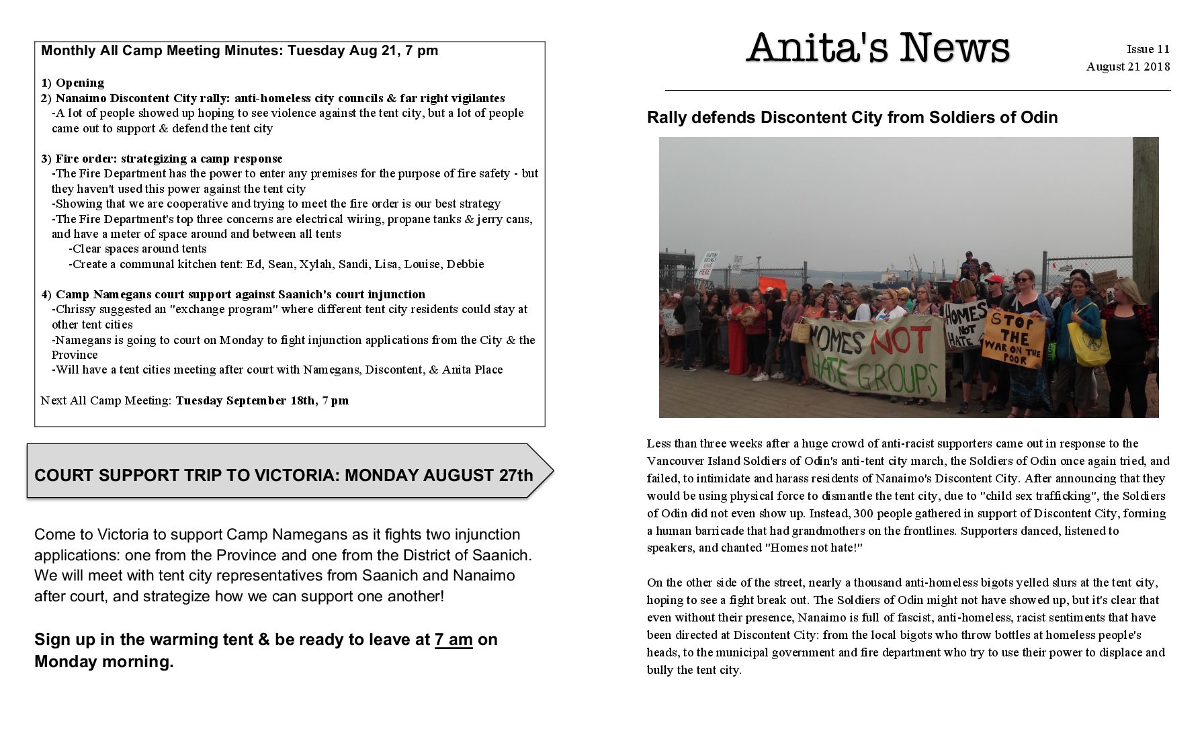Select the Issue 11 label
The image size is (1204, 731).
click(1148, 49)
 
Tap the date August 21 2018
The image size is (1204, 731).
click(1127, 67)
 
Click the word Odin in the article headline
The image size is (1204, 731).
click(1039, 118)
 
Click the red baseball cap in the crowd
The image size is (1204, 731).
click(994, 279)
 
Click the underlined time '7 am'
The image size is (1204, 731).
click(454, 640)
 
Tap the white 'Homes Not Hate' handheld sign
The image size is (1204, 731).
click(965, 325)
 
